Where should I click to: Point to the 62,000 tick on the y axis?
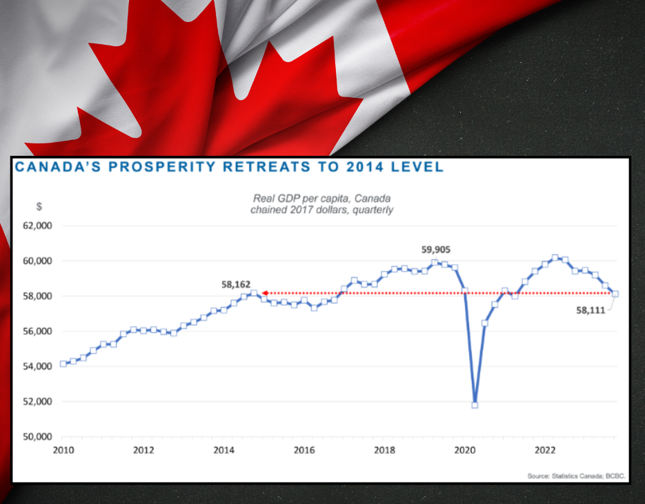37,225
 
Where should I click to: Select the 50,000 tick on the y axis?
37,436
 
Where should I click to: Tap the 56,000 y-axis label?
37,331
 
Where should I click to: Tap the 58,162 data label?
236,283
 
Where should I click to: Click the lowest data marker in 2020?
475,405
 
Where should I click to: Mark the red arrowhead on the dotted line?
264,293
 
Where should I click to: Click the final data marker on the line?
615,294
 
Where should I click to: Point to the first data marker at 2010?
63,363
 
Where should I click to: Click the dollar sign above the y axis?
39,205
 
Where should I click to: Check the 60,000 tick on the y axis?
37,261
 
